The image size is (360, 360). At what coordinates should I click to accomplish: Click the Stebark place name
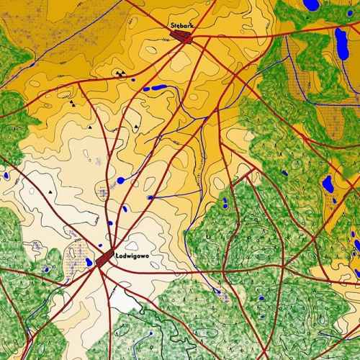(x=183, y=26)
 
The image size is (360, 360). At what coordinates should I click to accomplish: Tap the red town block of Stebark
(x=185, y=37)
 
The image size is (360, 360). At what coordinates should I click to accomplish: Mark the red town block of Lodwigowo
(x=105, y=258)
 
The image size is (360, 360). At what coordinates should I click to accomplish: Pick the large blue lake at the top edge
(x=312, y=4)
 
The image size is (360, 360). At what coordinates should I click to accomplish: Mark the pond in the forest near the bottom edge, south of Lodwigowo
(x=150, y=334)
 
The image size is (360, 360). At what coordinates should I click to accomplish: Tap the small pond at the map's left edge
(x=5, y=175)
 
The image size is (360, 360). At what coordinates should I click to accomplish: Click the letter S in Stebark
(x=173, y=26)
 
